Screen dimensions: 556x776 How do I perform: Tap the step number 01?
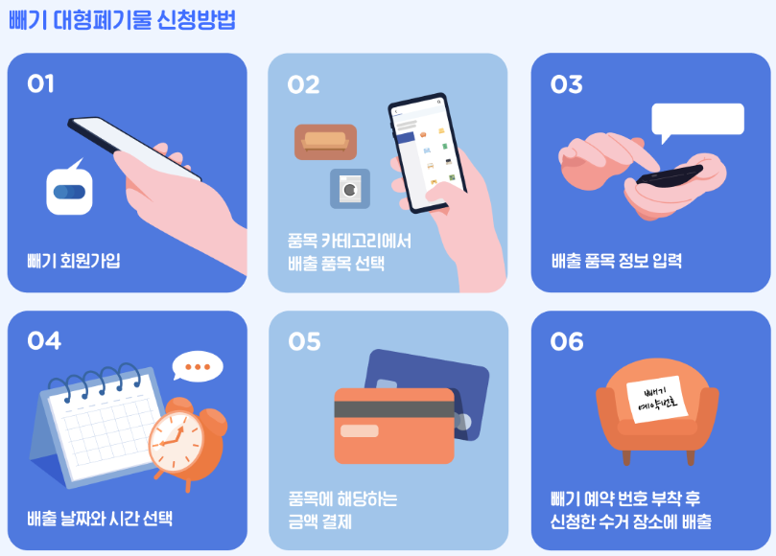click(x=40, y=84)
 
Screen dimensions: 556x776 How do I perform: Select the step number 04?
click(x=43, y=341)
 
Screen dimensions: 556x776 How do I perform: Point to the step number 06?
click(x=567, y=341)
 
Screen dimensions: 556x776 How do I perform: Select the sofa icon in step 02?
click(x=325, y=142)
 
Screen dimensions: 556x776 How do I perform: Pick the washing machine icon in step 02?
click(x=350, y=189)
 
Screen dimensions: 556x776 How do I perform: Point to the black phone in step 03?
click(x=670, y=176)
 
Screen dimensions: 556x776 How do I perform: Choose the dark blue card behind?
click(x=451, y=379)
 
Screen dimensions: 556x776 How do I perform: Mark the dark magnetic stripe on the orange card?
click(x=393, y=408)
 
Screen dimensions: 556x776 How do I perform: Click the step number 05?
click(x=304, y=341)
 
